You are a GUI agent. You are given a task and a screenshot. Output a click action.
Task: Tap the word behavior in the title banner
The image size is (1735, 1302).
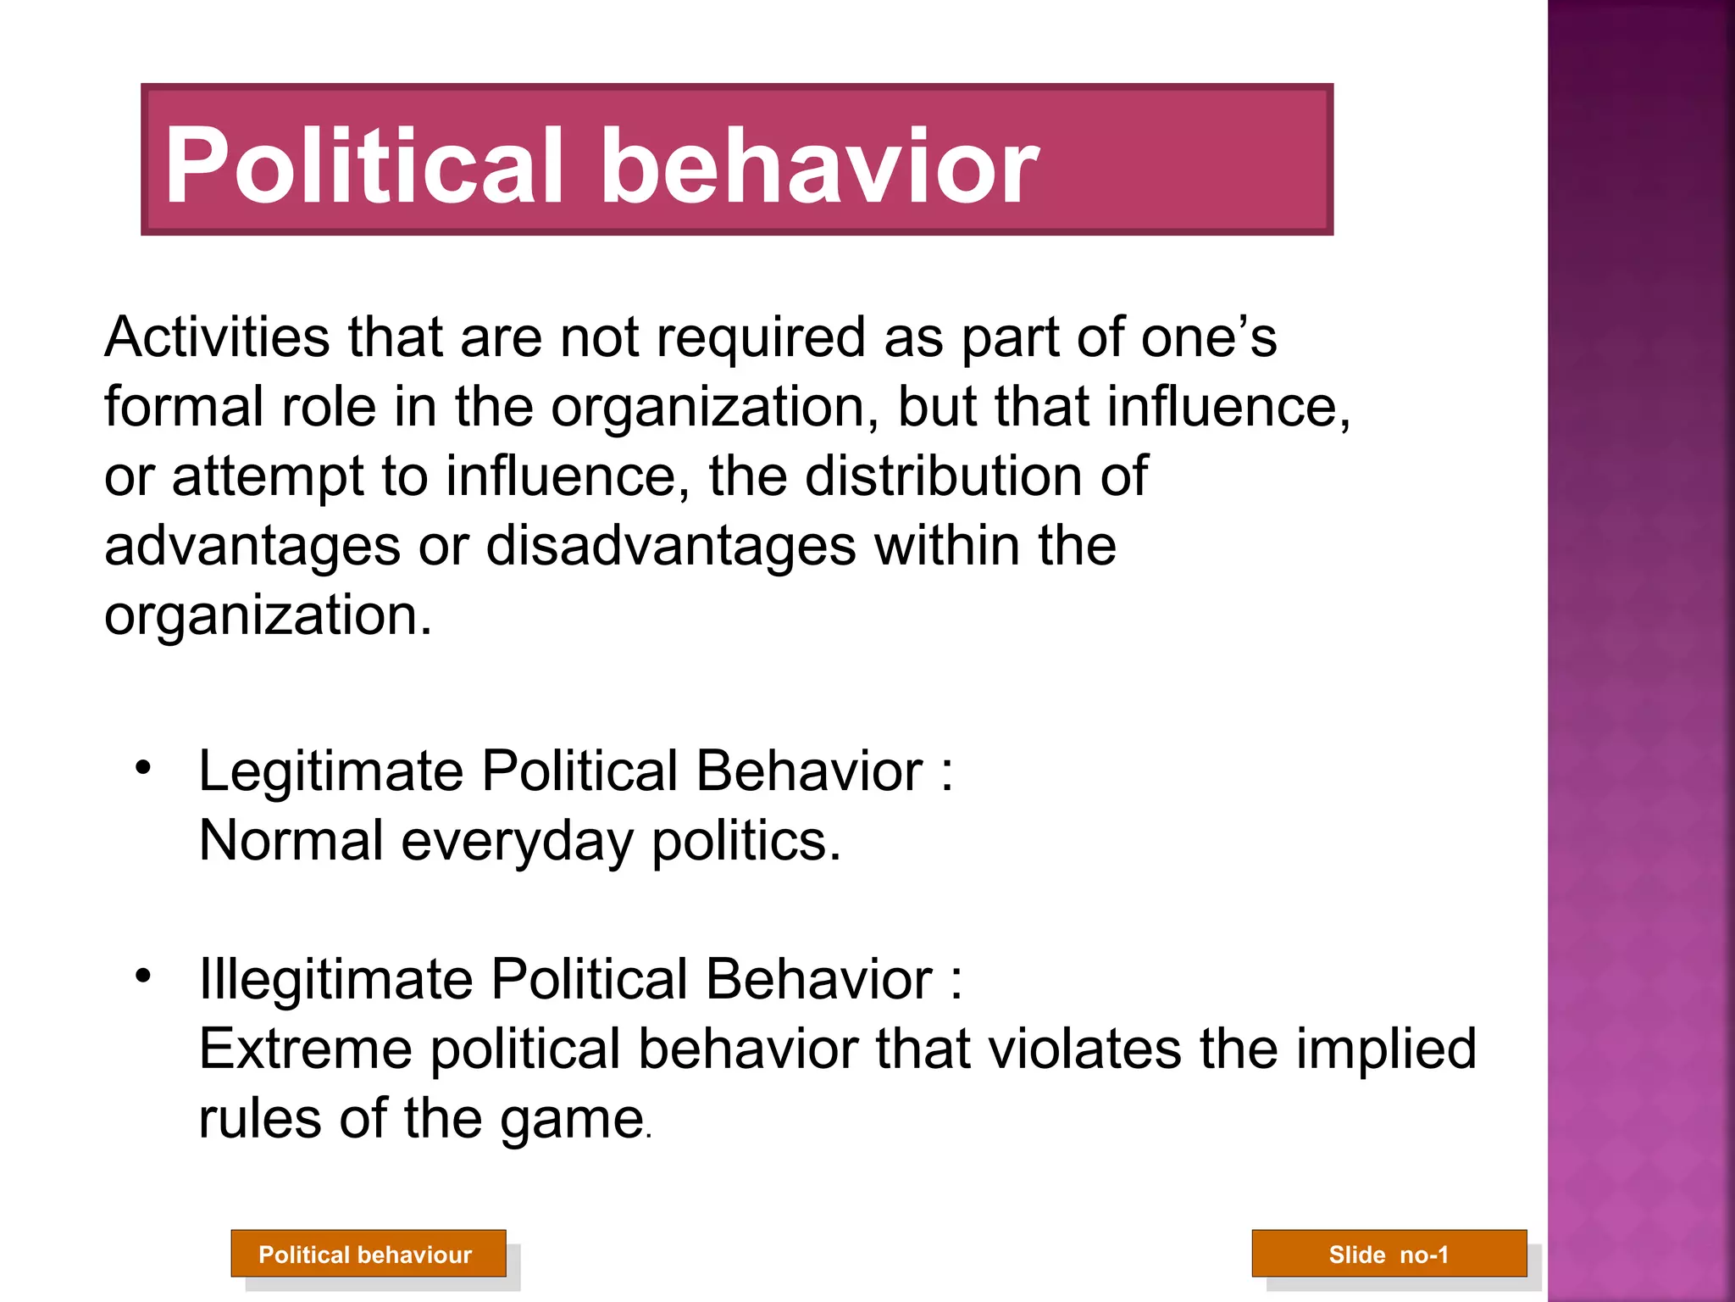point(820,165)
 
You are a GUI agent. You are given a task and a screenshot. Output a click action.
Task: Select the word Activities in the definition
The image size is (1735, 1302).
point(217,337)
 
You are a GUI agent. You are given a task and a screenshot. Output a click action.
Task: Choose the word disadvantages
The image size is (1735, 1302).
point(671,546)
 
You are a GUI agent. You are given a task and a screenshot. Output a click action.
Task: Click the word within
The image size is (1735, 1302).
point(947,546)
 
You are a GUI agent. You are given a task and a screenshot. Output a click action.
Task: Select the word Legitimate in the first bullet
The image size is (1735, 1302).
point(331,773)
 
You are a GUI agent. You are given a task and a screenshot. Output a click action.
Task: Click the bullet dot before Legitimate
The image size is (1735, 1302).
point(143,768)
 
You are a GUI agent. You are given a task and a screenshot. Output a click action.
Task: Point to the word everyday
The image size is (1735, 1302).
point(518,843)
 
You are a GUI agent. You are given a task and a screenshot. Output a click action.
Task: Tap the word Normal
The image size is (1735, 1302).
point(291,841)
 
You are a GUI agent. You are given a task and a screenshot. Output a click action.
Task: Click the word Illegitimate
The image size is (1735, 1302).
point(335,981)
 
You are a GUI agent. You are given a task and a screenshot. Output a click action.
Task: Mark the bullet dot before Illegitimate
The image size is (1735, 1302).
point(143,976)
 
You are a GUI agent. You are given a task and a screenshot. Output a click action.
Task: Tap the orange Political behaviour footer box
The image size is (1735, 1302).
point(369,1254)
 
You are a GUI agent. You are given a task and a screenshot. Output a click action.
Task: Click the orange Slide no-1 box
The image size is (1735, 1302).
point(1389,1254)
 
